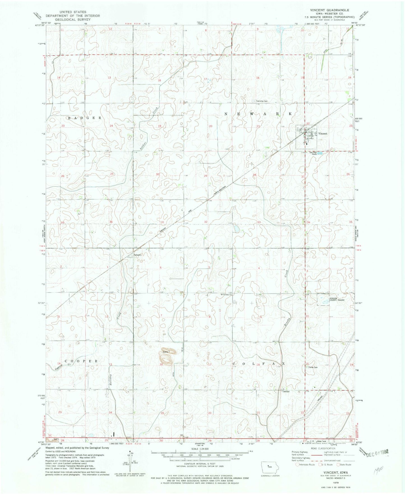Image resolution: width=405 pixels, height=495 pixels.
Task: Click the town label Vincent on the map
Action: click(x=322, y=134)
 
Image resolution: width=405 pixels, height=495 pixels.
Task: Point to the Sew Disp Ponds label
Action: click(x=313, y=153)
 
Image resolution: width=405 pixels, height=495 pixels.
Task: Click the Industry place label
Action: click(x=138, y=255)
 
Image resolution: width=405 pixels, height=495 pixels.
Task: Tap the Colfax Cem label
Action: click(x=313, y=368)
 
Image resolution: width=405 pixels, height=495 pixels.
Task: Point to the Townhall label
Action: click(x=285, y=392)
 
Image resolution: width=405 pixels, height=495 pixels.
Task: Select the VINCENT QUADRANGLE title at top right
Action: click(x=329, y=10)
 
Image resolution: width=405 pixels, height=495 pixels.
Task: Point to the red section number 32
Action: click(x=206, y=222)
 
